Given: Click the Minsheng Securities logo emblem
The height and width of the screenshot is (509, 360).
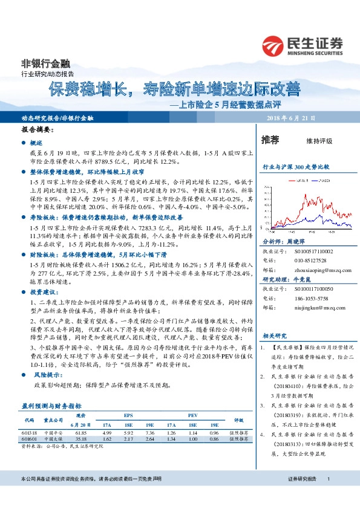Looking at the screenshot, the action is [274, 45].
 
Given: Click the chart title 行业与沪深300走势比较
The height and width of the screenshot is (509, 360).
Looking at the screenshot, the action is [295, 166].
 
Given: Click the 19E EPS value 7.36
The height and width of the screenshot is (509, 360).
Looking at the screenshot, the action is [151, 433].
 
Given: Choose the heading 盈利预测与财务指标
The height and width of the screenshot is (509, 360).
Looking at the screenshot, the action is [51, 405].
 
